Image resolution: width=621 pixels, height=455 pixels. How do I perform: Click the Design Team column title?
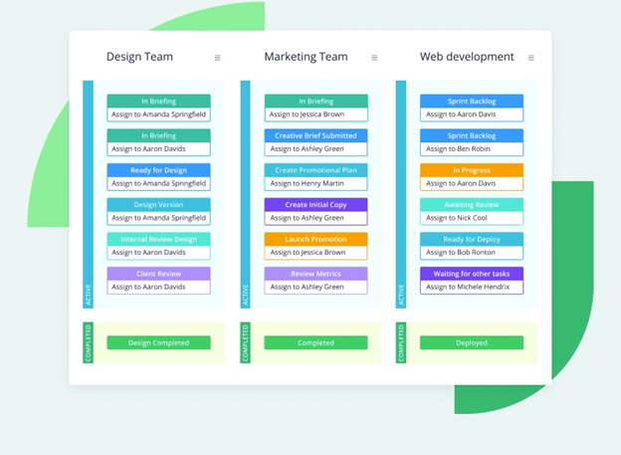[x=139, y=57]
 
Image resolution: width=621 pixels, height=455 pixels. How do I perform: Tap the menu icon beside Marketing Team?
[x=374, y=58]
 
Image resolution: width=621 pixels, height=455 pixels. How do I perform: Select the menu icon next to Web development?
[x=531, y=58]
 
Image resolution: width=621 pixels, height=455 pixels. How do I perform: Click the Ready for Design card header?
[x=158, y=170]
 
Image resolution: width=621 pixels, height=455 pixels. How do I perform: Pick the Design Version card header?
[x=158, y=204]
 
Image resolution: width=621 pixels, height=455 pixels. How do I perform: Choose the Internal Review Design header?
[x=158, y=239]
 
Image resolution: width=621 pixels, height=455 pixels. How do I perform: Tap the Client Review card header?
[x=158, y=274]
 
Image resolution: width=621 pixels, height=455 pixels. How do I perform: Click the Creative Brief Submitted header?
[x=315, y=135]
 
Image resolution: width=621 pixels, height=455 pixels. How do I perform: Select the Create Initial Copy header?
[x=315, y=204]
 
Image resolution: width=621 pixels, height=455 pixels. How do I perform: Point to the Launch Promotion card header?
[x=315, y=239]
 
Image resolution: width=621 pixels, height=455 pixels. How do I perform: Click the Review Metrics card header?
[x=315, y=274]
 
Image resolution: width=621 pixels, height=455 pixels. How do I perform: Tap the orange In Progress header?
[x=472, y=170]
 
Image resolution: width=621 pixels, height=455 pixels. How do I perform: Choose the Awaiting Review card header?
[x=472, y=204]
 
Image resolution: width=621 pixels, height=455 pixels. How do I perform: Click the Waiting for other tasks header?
[x=472, y=274]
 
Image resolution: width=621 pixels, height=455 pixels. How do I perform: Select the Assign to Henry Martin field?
[x=315, y=183]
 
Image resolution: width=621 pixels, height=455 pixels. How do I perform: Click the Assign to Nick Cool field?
[x=472, y=218]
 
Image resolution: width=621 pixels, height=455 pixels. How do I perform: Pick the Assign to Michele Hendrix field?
[x=472, y=287]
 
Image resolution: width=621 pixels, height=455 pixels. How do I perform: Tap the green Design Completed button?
[x=158, y=342]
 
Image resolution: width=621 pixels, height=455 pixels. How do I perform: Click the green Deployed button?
[x=472, y=342]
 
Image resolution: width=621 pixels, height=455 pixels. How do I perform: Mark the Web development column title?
[x=467, y=57]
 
